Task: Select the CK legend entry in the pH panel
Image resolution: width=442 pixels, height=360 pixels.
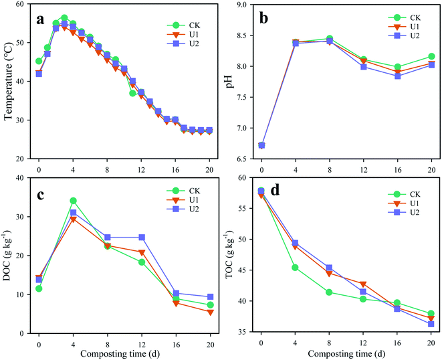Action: (405, 18)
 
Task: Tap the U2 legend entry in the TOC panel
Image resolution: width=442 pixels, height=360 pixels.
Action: (405, 212)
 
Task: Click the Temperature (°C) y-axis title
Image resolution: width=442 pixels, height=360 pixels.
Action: (9, 82)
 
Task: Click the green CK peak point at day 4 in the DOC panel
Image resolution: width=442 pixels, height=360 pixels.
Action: (73, 201)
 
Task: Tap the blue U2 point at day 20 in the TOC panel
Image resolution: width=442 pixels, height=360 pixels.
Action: (431, 324)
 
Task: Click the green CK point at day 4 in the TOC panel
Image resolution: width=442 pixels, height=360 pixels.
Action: (295, 268)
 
